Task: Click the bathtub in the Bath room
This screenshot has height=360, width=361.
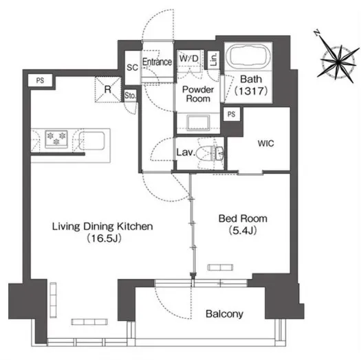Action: [x=248, y=56]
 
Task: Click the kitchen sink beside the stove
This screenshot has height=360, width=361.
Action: [x=92, y=140]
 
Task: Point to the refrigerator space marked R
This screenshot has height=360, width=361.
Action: [x=108, y=89]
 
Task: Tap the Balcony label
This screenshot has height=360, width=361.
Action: [x=224, y=314]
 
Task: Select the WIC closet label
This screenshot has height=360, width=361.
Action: [x=266, y=144]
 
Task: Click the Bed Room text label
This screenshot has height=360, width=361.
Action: [x=243, y=218]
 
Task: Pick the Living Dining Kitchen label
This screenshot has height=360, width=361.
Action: [x=102, y=226]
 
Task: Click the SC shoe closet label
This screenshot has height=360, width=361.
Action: [x=133, y=67]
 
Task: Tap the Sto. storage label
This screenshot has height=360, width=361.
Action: [x=131, y=95]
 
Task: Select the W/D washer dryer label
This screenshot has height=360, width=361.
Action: [x=189, y=58]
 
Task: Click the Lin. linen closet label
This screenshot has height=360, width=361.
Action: [x=214, y=59]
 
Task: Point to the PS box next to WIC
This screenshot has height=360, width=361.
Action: [x=231, y=114]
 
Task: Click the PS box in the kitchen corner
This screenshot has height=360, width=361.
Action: [x=40, y=80]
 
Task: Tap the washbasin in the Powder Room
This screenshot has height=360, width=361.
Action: [x=198, y=122]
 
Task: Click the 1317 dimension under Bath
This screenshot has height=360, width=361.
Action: [x=251, y=91]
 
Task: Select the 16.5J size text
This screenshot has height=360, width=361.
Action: [x=104, y=238]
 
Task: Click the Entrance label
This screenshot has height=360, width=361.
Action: [x=157, y=62]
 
